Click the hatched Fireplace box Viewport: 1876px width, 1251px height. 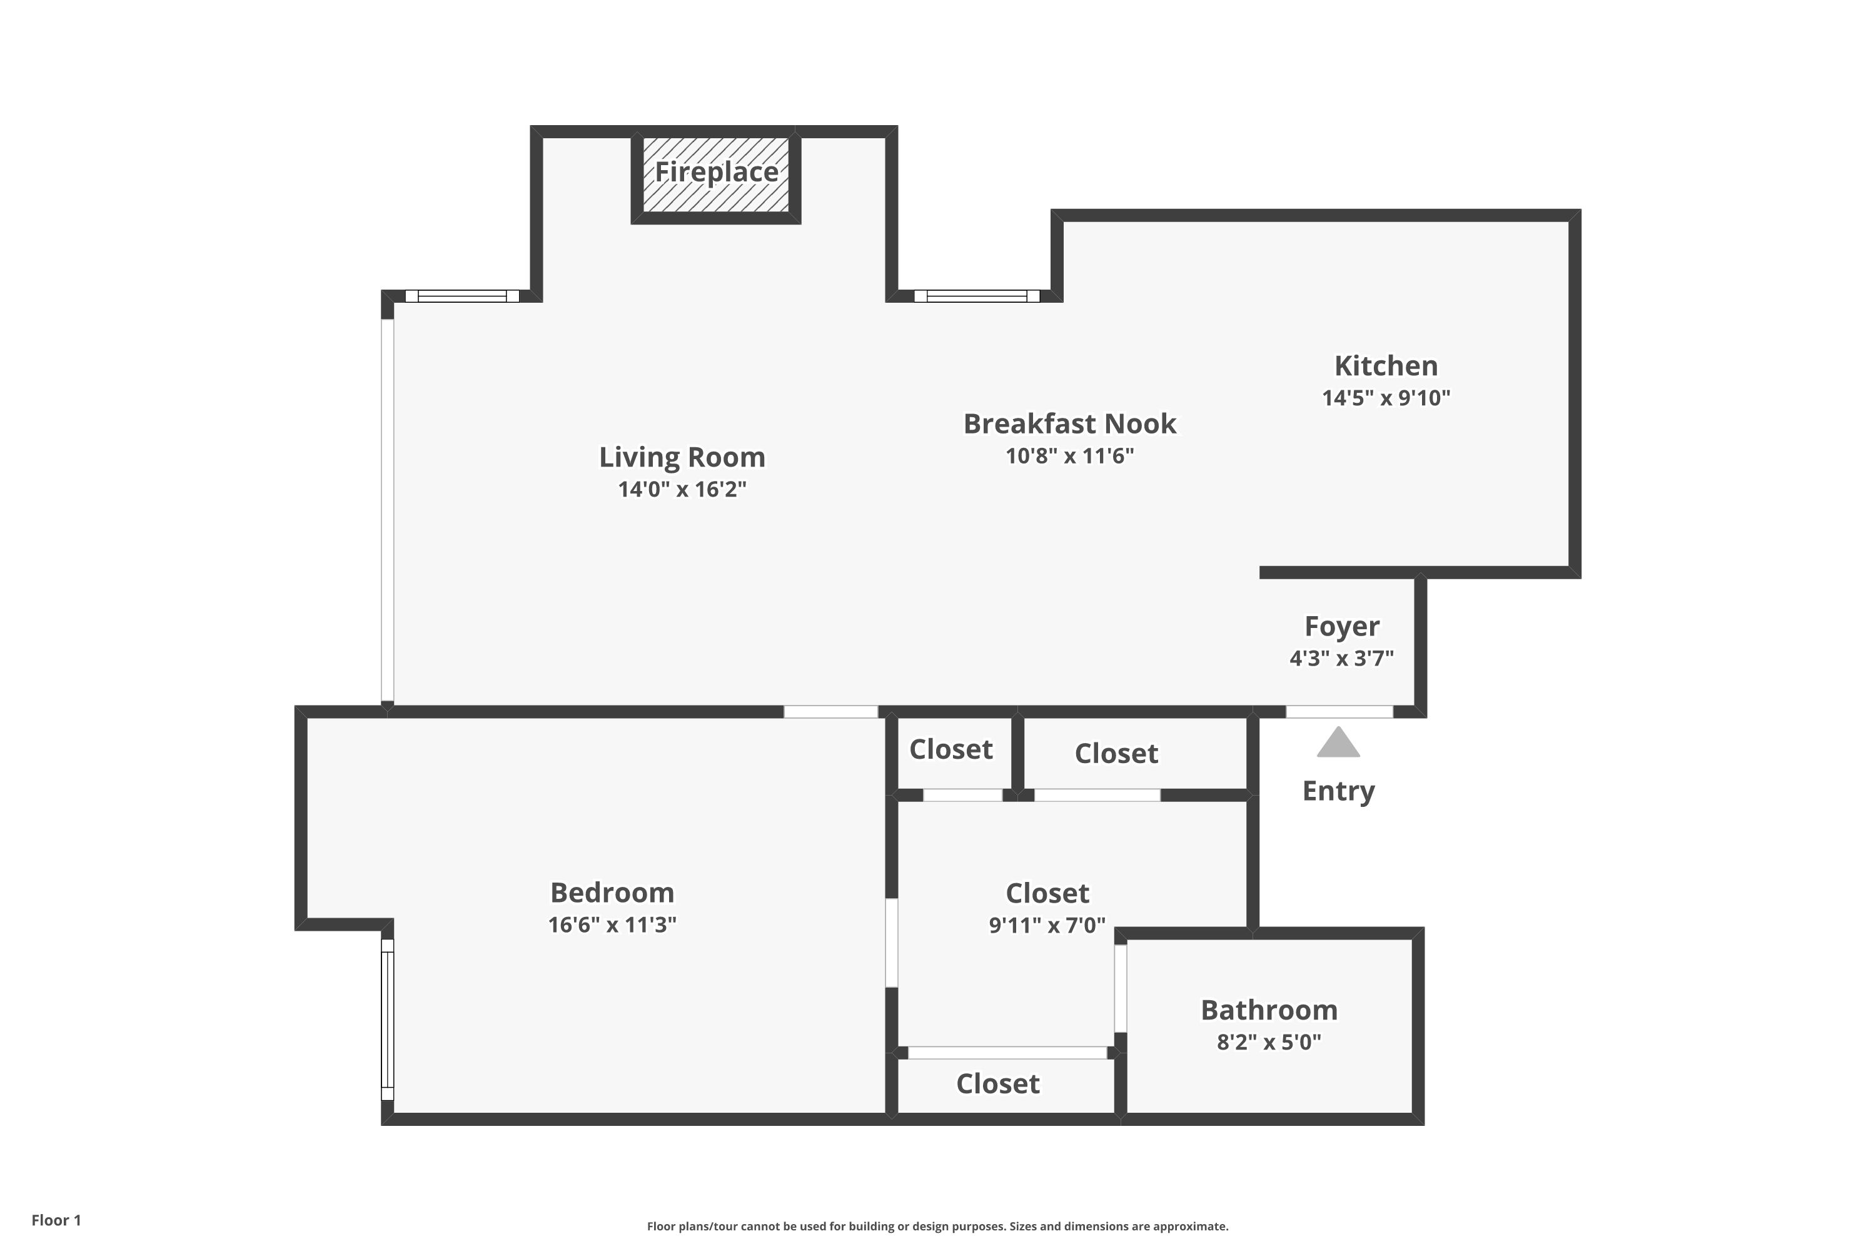pos(715,175)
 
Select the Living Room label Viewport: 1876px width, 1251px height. pos(682,457)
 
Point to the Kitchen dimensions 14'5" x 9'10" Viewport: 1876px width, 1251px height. pos(1386,397)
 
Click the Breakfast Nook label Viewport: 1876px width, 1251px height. pos(1069,423)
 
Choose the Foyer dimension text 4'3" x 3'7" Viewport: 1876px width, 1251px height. pos(1341,658)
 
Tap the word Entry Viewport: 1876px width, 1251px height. pos(1338,791)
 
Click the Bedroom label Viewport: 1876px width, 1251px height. pos(612,892)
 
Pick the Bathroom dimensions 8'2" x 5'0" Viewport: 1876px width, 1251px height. pos(1269,1042)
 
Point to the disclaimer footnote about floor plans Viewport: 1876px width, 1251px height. pos(937,1226)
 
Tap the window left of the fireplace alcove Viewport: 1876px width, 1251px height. pos(462,296)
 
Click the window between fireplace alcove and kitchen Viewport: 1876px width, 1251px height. pos(976,296)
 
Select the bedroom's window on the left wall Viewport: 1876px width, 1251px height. pos(388,1020)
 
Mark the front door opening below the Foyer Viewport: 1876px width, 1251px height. pos(1339,712)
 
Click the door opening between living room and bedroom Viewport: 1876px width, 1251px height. pos(830,712)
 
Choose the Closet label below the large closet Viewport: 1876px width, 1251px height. pos(998,1083)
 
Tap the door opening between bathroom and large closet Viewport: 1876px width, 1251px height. pos(1121,988)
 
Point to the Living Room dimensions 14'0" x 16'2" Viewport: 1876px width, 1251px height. pos(682,489)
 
